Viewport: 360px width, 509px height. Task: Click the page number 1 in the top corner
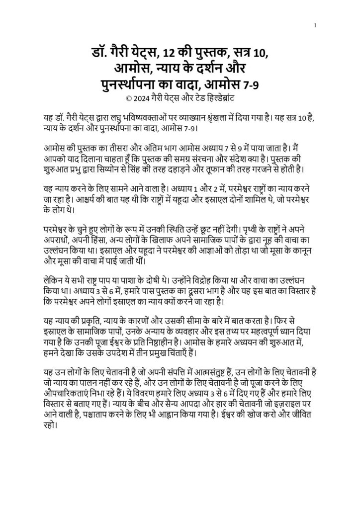316,25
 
